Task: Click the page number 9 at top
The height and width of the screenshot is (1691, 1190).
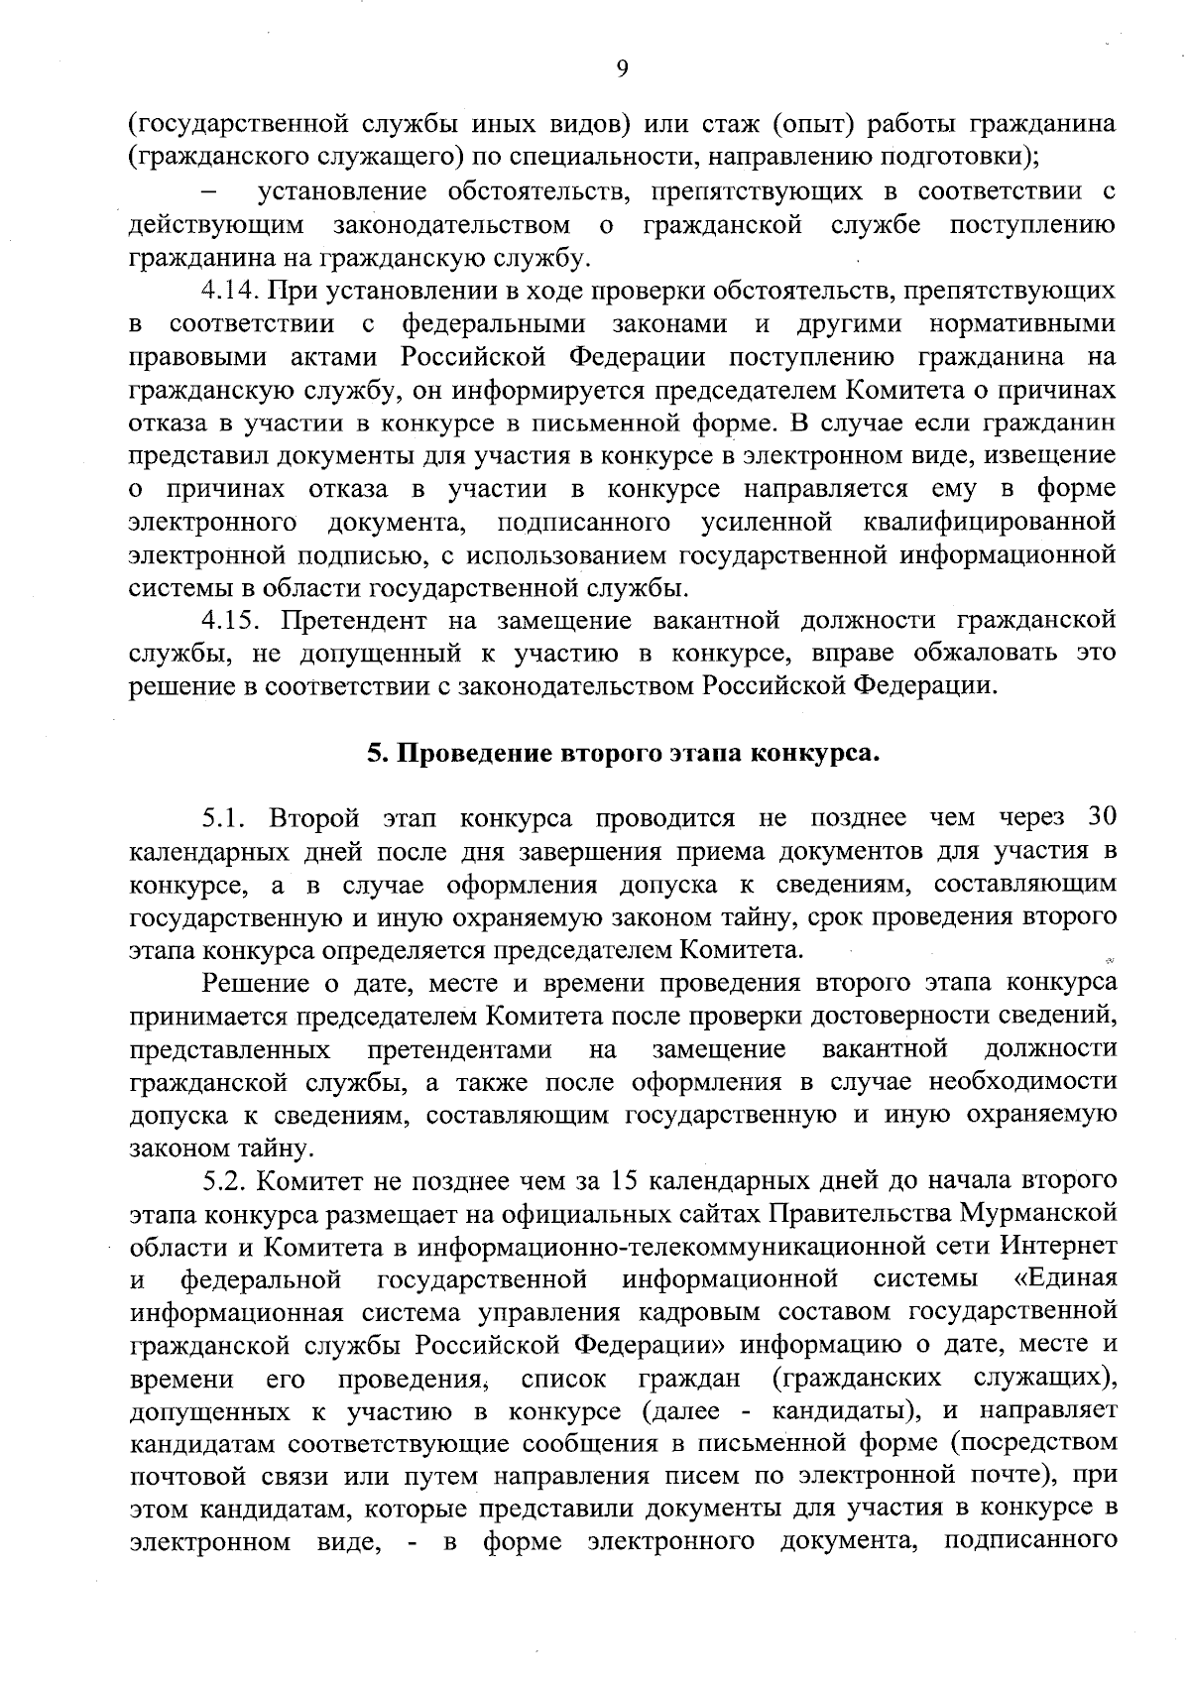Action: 622,67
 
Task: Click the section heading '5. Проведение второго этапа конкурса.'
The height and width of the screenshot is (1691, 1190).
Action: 624,753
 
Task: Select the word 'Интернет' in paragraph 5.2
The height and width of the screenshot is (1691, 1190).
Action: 1059,1246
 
